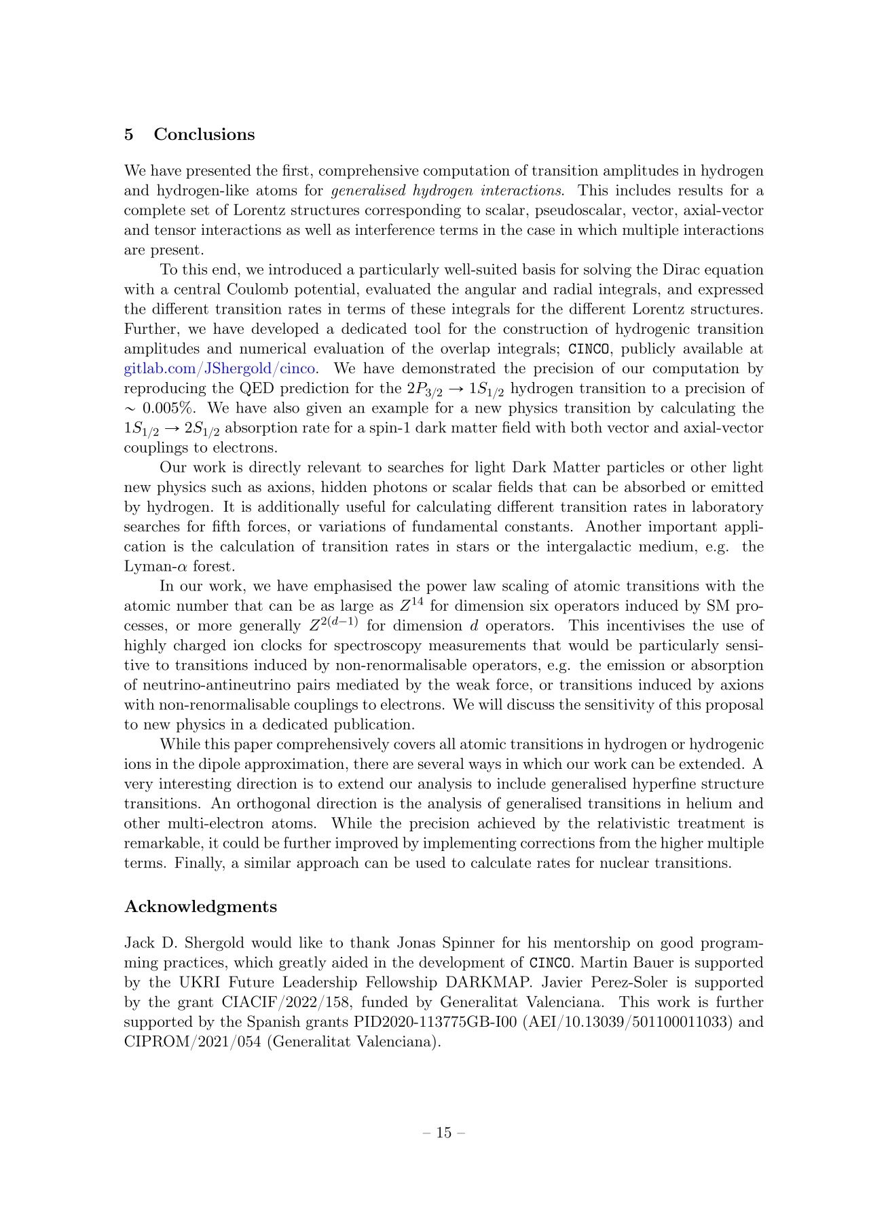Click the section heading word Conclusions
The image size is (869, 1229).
tap(204, 134)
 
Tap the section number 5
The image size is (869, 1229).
tap(129, 134)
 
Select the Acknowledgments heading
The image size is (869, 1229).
tap(200, 907)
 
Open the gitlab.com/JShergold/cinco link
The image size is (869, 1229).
tap(219, 369)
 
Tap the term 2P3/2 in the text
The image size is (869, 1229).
tap(415, 390)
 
